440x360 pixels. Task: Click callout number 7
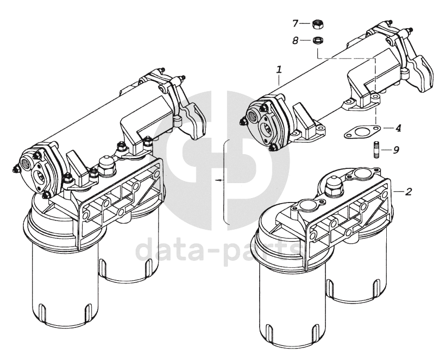pos(296,23)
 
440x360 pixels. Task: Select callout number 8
pos(296,40)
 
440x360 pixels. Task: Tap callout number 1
pos(279,70)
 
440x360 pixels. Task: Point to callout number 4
pos(398,128)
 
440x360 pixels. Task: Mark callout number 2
pos(408,191)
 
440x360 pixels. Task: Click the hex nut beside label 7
pos(318,24)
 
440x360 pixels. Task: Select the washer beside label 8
pos(318,40)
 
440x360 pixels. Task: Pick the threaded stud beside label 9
pos(376,148)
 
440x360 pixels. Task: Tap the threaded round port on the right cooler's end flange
pos(254,114)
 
